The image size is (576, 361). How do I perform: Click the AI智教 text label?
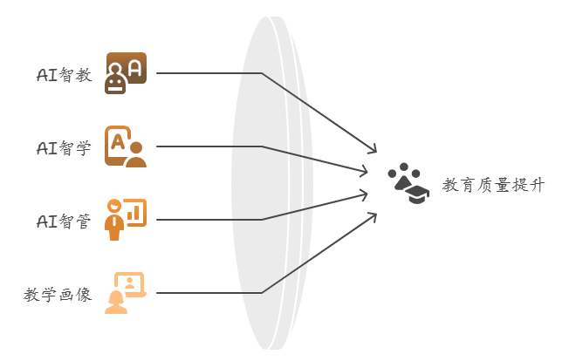coord(65,75)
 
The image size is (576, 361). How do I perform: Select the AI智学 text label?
coord(64,148)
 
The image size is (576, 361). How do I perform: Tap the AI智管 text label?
coord(64,221)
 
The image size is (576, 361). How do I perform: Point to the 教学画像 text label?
coord(58,295)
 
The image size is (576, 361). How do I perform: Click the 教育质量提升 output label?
coord(493,185)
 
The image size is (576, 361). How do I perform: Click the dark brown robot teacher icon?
coord(126,73)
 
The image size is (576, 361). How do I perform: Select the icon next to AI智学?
coord(126,146)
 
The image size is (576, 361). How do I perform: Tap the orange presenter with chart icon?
coord(126,220)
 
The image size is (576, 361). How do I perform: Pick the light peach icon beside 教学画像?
coord(126,293)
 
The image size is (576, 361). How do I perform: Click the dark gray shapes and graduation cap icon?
coord(408,183)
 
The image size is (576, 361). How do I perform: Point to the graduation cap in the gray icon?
coord(419,194)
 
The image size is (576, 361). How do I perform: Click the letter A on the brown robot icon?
coord(135,68)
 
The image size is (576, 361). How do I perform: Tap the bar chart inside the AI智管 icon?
coord(134,213)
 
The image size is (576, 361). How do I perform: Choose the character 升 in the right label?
coord(538,185)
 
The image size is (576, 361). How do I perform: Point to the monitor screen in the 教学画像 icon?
coord(130,283)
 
